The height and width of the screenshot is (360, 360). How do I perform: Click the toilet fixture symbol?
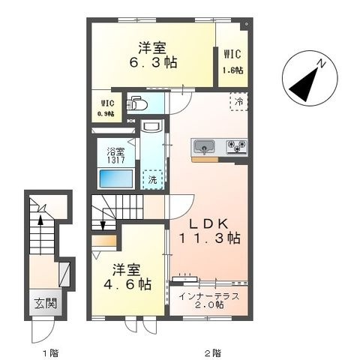(x=136, y=103)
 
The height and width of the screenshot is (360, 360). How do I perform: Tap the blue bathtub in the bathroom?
(x=116, y=178)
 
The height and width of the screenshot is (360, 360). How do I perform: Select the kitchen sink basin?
(x=205, y=146)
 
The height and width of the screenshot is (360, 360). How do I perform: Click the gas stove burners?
(x=236, y=146)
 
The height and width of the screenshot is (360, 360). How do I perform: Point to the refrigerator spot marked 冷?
(x=238, y=101)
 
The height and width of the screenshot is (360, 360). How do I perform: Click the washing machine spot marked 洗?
(x=152, y=180)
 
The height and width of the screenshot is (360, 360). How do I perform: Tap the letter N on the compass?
(x=321, y=64)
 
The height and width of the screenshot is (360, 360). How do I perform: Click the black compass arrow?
(x=304, y=85)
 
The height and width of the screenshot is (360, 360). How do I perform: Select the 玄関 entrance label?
(x=46, y=303)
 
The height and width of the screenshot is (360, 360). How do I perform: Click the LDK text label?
(x=208, y=223)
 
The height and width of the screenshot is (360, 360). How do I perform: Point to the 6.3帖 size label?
(x=153, y=62)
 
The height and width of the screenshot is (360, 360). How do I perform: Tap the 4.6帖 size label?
(x=127, y=284)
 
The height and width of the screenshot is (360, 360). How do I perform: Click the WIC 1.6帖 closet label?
(x=232, y=61)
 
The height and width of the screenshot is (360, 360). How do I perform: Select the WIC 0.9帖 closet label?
(x=106, y=108)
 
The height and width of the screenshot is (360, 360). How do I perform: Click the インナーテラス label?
(x=209, y=296)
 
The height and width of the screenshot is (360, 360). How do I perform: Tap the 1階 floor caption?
(x=51, y=353)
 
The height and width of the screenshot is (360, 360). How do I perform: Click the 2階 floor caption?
(x=213, y=353)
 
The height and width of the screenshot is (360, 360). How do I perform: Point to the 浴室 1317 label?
(x=116, y=155)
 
